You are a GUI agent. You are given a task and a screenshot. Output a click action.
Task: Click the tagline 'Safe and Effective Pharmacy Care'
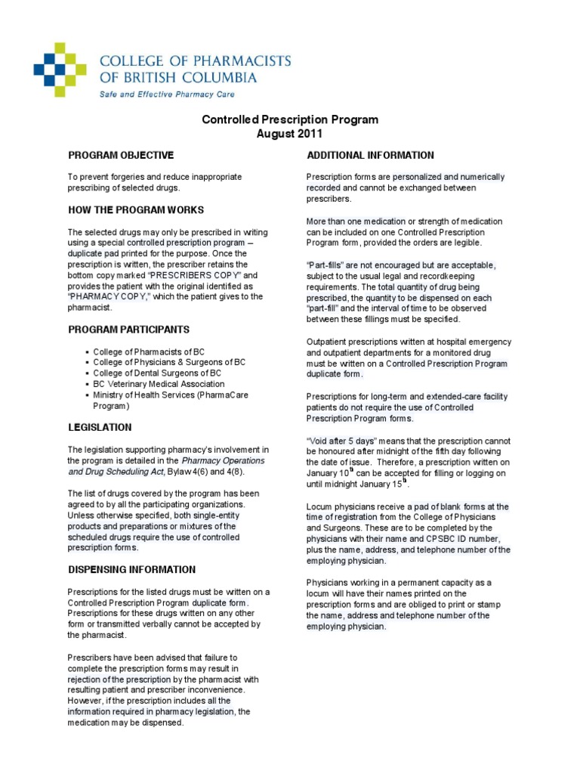pyautogui.click(x=167, y=94)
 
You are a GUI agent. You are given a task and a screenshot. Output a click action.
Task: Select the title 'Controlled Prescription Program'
pyautogui.click(x=289, y=120)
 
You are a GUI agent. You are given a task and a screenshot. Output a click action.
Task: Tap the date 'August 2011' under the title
pyautogui.click(x=289, y=135)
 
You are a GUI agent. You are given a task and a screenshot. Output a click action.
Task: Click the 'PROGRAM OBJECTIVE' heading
pyautogui.click(x=121, y=155)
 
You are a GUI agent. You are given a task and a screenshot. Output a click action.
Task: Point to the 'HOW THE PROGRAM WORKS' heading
pyautogui.click(x=135, y=209)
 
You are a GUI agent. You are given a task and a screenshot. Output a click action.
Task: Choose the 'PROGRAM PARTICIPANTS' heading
pyautogui.click(x=128, y=330)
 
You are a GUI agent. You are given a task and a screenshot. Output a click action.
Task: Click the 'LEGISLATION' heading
pyautogui.click(x=100, y=427)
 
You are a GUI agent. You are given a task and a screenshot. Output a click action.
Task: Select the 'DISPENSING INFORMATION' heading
pyautogui.click(x=131, y=569)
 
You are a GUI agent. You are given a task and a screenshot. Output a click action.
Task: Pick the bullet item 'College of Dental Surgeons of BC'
pyautogui.click(x=157, y=373)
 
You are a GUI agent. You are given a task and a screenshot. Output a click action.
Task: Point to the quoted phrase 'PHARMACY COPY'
pyautogui.click(x=105, y=297)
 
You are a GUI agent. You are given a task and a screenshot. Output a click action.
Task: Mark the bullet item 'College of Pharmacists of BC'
pyautogui.click(x=149, y=351)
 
